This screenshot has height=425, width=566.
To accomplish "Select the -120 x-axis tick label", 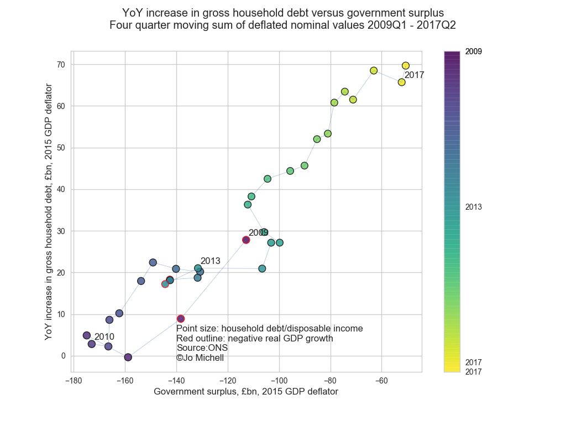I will pyautogui.click(x=227, y=381).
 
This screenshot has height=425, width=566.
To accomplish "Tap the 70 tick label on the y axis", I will pyautogui.click(x=60, y=65).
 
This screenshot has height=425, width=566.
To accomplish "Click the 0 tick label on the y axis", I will pyautogui.click(x=62, y=356).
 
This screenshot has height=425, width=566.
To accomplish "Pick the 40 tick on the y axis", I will pyautogui.click(x=60, y=189).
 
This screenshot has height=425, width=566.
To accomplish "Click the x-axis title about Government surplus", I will pyautogui.click(x=245, y=392).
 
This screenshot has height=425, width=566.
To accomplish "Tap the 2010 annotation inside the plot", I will pyautogui.click(x=104, y=336).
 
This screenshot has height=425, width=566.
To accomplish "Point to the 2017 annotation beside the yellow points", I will pyautogui.click(x=414, y=75).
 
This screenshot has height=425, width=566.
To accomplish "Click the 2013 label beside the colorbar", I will pyautogui.click(x=474, y=207).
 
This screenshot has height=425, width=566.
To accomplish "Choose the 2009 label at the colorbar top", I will pyautogui.click(x=474, y=51).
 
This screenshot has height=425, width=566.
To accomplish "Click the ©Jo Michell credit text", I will pyautogui.click(x=200, y=358).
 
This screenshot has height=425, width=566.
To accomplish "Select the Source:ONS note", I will pyautogui.click(x=202, y=348).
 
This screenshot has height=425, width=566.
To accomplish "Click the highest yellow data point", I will pyautogui.click(x=406, y=66).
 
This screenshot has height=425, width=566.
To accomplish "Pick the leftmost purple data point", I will pyautogui.click(x=87, y=335).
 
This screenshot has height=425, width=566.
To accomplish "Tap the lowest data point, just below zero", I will pyautogui.click(x=128, y=357).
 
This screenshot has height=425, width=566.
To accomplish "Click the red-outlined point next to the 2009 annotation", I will pyautogui.click(x=246, y=240).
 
